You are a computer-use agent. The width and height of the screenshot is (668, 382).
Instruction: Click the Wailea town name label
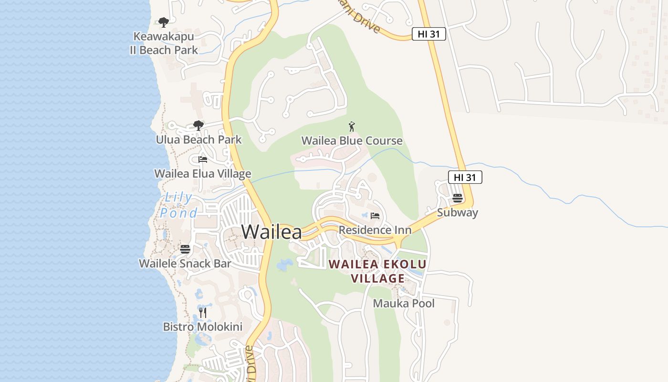pos(271,232)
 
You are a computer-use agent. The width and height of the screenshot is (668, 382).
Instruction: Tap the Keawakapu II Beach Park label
pos(164,43)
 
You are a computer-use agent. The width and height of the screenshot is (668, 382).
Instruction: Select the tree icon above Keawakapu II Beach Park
pos(164,22)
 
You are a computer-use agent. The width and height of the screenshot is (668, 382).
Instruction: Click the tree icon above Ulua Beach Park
pos(198,126)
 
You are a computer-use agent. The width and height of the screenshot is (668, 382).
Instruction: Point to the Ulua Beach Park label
pos(198,140)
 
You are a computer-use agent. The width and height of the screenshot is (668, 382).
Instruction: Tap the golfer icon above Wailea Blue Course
pos(352,127)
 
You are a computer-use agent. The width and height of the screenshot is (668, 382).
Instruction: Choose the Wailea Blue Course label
pos(352,141)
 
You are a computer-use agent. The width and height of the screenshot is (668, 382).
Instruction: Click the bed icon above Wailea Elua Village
pos(203,159)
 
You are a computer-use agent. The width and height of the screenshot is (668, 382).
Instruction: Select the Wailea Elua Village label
pos(202,173)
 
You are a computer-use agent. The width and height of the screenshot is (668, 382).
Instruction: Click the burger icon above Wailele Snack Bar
pos(185,249)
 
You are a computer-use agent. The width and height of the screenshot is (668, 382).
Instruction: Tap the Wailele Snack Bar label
pos(185,263)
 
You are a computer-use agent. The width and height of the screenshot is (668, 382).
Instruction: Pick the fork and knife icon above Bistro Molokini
pos(203,313)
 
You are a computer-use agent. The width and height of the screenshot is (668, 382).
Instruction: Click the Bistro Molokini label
pos(203,327)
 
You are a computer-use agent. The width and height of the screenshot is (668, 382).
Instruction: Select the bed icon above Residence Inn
pos(375,216)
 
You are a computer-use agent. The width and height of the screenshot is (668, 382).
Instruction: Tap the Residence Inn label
pos(375,230)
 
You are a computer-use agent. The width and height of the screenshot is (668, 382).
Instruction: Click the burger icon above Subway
pos(458,198)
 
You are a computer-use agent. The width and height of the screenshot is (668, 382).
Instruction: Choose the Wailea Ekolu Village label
pos(377,271)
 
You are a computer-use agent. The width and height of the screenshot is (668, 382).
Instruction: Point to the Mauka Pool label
pos(404,303)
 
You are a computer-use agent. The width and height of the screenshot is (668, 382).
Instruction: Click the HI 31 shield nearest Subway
pos(465,178)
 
